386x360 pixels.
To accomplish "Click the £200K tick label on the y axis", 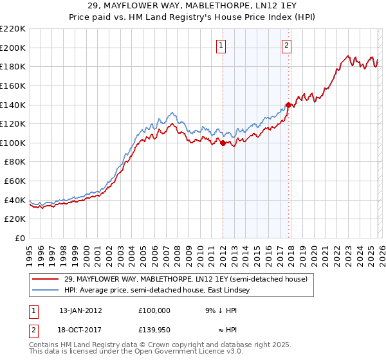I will point(13,48).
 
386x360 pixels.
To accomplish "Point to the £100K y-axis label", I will point(13,143).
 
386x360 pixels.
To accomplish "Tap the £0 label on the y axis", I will point(19,238).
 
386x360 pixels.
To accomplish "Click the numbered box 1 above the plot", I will point(221,45).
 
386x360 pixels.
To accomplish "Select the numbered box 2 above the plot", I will point(286,45).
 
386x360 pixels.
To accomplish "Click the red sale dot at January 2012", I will point(223,143).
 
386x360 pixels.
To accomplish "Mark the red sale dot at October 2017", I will point(288,105).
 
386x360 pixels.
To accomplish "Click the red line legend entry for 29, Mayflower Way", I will point(187,279).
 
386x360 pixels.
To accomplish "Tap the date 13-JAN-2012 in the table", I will point(80,310).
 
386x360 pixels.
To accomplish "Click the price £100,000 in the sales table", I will point(154,310).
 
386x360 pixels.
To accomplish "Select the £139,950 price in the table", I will point(154,329).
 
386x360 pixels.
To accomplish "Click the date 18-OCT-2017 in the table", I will point(80,329).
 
